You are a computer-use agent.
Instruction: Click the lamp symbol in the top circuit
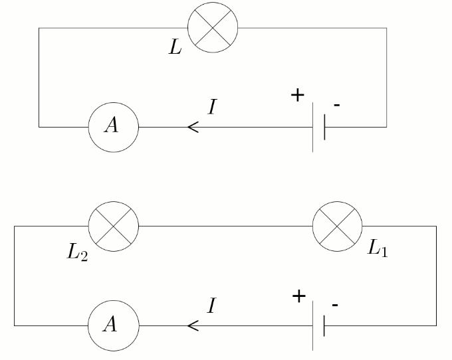[x=213, y=28]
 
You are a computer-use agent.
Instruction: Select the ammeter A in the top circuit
[x=114, y=126]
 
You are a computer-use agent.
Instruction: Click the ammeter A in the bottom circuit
[x=114, y=325]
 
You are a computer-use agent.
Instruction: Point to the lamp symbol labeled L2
[x=114, y=226]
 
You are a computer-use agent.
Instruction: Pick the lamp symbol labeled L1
[x=338, y=226]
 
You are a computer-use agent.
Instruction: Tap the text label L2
[x=77, y=253]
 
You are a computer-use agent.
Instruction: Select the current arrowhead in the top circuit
[x=193, y=126]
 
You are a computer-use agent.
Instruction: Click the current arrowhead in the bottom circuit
[x=193, y=325]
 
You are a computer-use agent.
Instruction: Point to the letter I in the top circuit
[x=211, y=107]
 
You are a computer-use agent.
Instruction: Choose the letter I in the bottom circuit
[x=211, y=306]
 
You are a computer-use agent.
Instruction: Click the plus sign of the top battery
[x=297, y=95]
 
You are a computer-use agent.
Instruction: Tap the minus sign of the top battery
[x=337, y=106]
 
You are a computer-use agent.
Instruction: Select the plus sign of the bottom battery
[x=298, y=296]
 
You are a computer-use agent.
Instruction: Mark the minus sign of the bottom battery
[x=335, y=306]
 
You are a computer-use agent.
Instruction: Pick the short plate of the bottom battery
[x=324, y=325]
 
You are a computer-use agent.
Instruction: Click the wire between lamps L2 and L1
[x=226, y=226]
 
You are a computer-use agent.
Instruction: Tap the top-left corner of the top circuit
[x=39, y=28]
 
